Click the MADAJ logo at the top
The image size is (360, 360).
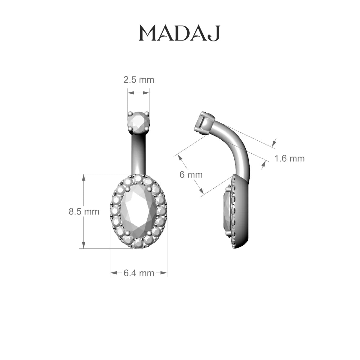click(179, 33)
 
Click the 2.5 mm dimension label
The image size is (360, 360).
click(139, 80)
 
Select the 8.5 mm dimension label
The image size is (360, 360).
click(84, 212)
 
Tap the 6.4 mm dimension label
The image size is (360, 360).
click(139, 273)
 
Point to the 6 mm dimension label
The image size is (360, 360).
click(191, 175)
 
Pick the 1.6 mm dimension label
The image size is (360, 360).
click(289, 158)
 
